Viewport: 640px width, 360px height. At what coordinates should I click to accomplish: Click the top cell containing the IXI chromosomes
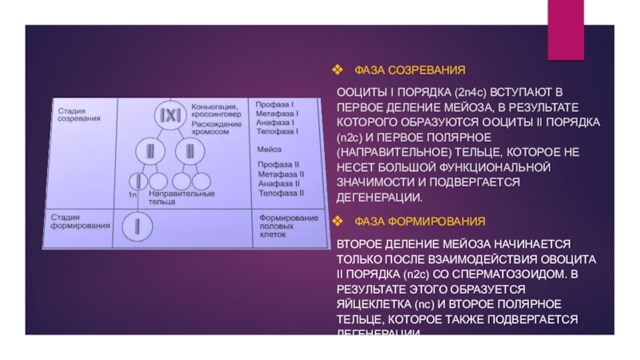click(170, 115)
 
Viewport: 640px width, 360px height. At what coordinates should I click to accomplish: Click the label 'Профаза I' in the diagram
click(275, 105)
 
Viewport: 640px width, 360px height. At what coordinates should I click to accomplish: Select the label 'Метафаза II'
click(278, 174)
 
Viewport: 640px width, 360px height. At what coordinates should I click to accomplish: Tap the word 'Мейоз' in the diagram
click(269, 150)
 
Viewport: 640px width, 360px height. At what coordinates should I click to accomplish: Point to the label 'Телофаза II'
click(278, 193)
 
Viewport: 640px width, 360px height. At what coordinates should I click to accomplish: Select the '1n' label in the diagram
click(133, 194)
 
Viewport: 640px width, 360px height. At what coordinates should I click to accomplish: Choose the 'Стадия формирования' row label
click(80, 222)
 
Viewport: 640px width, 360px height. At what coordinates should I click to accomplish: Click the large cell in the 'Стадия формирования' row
click(138, 226)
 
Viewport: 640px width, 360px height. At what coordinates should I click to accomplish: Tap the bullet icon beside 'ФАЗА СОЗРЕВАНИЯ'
click(338, 71)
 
